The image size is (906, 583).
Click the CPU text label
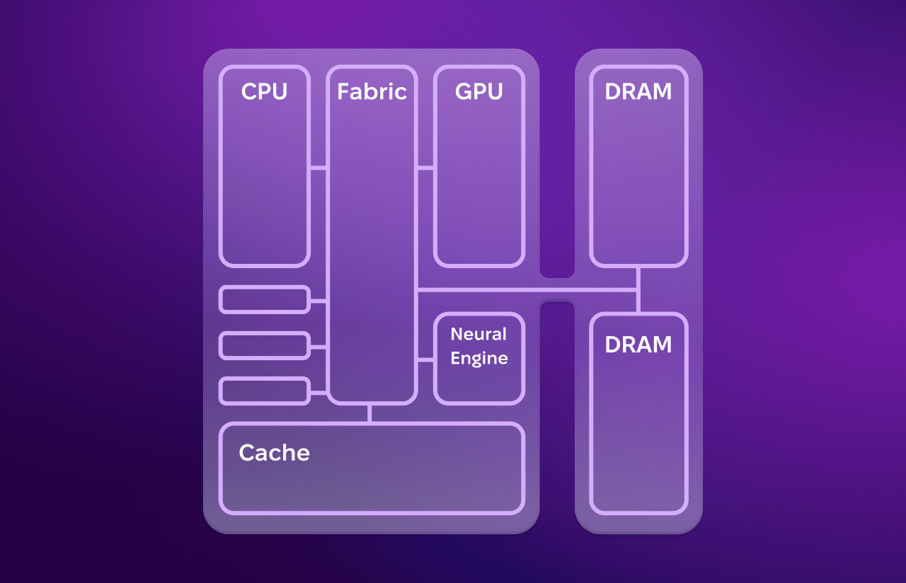coord(264,92)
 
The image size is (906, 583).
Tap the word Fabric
coord(372,92)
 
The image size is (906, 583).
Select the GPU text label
coord(479,92)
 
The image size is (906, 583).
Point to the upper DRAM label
coord(638,92)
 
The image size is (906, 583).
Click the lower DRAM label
coord(638,345)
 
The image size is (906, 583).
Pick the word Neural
coord(479,334)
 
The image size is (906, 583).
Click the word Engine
coord(479,358)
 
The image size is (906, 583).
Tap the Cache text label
coord(274,453)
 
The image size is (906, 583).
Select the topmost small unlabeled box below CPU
coord(265,299)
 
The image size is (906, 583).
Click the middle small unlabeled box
coord(265,346)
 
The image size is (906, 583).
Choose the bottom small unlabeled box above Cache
coord(265,391)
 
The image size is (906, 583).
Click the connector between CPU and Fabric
coord(319,168)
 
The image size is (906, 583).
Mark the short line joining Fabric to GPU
coord(425,168)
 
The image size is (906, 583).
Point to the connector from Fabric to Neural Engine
coord(425,360)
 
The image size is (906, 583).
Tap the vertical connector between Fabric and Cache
coord(369,413)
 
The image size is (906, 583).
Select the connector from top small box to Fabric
coord(319,301)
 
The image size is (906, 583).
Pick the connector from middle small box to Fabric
coord(319,347)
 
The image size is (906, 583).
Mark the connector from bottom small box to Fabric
coord(319,392)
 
